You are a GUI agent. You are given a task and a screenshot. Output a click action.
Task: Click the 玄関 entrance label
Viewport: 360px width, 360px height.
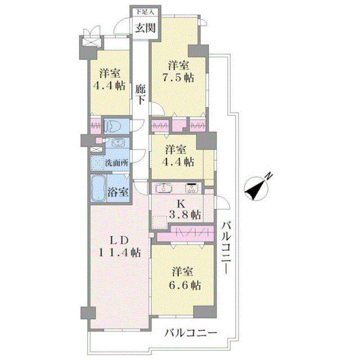pos(145,28)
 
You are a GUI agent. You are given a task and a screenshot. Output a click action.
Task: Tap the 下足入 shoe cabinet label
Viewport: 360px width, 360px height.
pos(145,12)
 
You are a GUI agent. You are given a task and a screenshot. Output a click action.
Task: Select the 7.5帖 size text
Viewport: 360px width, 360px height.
pos(179,78)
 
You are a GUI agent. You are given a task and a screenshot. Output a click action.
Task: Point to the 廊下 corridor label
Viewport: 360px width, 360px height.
pos(140,94)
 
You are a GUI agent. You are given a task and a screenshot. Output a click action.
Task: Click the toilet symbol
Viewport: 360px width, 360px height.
pos(112,126)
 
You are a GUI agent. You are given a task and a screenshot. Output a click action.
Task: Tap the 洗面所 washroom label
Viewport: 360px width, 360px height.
pos(116,163)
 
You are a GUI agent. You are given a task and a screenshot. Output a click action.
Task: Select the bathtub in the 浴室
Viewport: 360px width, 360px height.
pos(98,188)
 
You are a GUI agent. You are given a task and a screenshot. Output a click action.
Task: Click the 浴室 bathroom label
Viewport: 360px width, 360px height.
pos(118,191)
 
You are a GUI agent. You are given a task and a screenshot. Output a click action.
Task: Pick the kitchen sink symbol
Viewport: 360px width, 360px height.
pos(164,188)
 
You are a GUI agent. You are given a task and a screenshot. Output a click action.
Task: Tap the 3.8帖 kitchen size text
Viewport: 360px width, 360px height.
pos(185,214)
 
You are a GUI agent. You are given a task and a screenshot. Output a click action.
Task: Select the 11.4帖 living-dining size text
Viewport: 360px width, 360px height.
pos(120,253)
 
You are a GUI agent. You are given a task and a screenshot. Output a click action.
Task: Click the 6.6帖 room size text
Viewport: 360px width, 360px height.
pos(185,285)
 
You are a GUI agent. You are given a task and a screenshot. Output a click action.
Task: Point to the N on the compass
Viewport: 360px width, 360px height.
pos(268,176)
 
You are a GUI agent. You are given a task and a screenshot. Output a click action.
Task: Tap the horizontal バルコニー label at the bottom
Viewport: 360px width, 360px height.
pos(190,332)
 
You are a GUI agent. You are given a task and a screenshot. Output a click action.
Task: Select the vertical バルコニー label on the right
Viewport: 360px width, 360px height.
pos(226,247)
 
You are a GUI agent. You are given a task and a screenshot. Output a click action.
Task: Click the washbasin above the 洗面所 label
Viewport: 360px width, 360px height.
pos(118,143)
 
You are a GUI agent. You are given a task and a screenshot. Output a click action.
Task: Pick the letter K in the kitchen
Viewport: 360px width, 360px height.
pos(181,204)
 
